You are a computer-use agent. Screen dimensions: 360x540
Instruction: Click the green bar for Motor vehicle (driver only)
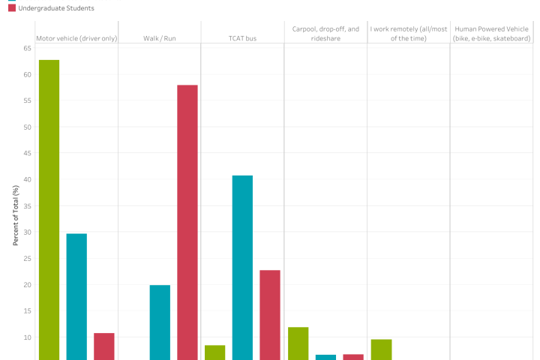coord(49,209)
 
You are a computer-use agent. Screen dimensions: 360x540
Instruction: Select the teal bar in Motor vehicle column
coord(76,296)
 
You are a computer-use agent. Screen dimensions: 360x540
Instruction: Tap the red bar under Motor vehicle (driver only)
coord(104,346)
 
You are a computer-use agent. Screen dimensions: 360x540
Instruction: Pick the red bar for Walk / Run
coord(187,222)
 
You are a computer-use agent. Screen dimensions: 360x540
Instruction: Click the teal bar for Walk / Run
coord(160,322)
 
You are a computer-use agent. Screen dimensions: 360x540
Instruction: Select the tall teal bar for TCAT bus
coord(242,267)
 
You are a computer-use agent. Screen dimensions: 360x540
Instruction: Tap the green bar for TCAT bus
coord(214,352)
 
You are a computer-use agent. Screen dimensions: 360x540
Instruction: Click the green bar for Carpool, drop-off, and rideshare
coord(298,343)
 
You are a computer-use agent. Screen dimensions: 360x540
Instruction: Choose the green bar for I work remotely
coord(381,349)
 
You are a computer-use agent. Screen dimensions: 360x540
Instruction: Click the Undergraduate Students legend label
coord(56,7)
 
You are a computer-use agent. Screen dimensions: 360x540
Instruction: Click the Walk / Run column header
coord(159,38)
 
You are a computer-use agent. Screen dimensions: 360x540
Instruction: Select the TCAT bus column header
coord(242,38)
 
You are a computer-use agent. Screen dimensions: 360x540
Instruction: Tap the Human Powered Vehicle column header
coord(491,34)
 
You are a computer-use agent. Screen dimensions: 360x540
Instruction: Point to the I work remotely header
coord(408,34)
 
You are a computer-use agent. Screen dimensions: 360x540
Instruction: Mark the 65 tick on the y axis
coord(27,48)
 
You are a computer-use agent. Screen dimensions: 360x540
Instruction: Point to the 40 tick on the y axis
coord(27,180)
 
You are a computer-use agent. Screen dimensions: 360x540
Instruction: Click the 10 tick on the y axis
coord(27,337)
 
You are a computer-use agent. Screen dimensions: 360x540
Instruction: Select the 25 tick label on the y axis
coord(27,259)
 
